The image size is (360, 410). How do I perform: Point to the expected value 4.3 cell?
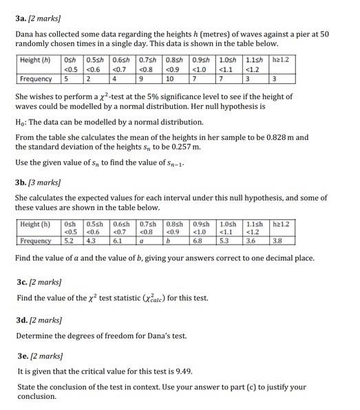pyautogui.click(x=92, y=241)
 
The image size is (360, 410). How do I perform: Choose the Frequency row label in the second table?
pyautogui.click(x=36, y=241)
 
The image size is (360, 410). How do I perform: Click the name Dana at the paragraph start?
pyautogui.click(x=25, y=34)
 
